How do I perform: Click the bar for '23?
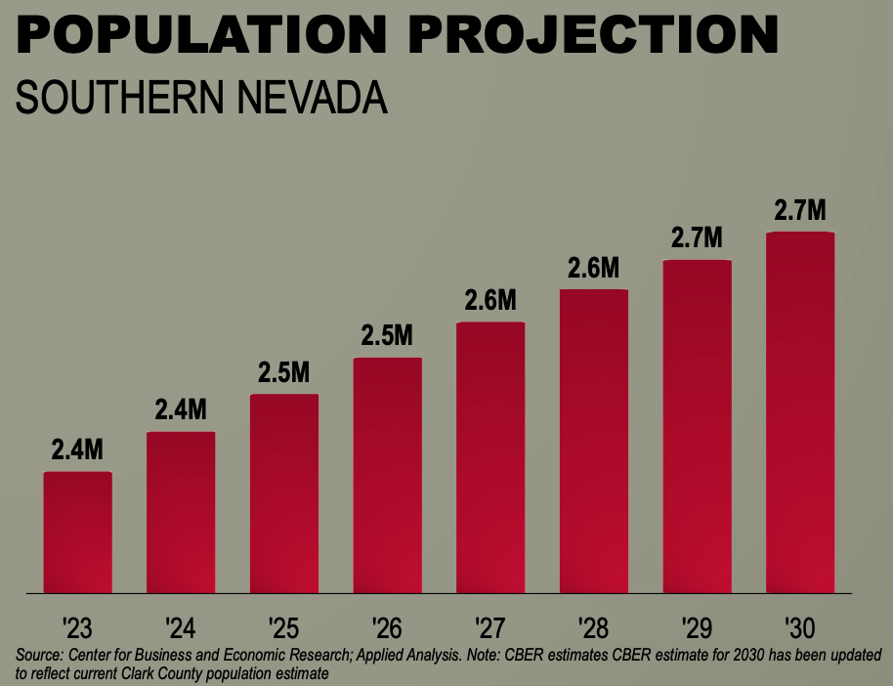(x=77, y=533)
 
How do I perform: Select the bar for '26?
(x=387, y=475)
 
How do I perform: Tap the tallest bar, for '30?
(x=800, y=412)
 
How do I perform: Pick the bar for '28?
(x=594, y=441)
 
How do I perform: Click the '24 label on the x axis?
(x=181, y=628)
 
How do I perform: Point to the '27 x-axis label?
(x=490, y=628)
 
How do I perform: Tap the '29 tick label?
(x=697, y=628)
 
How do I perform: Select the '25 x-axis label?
(x=283, y=628)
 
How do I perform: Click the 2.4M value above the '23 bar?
(x=77, y=450)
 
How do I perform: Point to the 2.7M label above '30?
(x=799, y=210)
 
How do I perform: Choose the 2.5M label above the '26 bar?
(x=387, y=335)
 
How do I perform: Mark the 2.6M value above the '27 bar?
(x=490, y=300)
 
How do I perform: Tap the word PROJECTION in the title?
(x=593, y=34)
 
